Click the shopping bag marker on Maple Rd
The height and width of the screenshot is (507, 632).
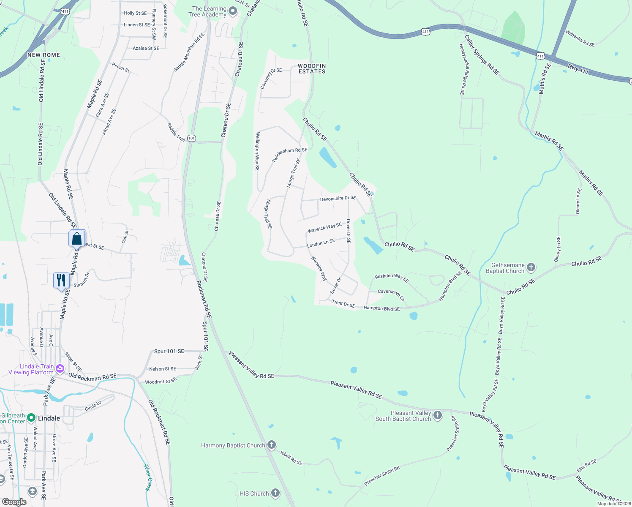pyautogui.click(x=77, y=239)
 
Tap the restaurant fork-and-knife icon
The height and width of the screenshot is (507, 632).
pyautogui.click(x=62, y=281)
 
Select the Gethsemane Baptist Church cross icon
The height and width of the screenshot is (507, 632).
pyautogui.click(x=531, y=267)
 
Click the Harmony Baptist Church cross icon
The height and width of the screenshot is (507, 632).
pyautogui.click(x=272, y=445)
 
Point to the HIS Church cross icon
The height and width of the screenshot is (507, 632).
pyautogui.click(x=275, y=493)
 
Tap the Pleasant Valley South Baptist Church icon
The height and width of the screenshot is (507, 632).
pyautogui.click(x=438, y=415)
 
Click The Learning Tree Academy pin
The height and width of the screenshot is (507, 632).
pyautogui.click(x=233, y=11)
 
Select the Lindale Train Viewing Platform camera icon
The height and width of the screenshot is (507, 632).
pyautogui.click(x=60, y=368)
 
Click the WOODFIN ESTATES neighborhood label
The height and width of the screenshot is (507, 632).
pyautogui.click(x=312, y=68)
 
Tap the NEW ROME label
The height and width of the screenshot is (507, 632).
pyautogui.click(x=44, y=55)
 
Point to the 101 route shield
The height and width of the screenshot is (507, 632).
pyautogui.click(x=191, y=138)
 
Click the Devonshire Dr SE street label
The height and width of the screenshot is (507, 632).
pyautogui.click(x=338, y=198)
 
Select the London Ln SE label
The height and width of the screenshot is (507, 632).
pyautogui.click(x=321, y=243)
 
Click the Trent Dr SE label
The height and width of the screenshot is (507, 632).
pyautogui.click(x=343, y=304)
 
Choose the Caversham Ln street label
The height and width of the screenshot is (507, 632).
pyautogui.click(x=391, y=294)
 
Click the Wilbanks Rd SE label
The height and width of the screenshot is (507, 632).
pyautogui.click(x=580, y=39)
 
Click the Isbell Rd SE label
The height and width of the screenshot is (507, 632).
pyautogui.click(x=291, y=458)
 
